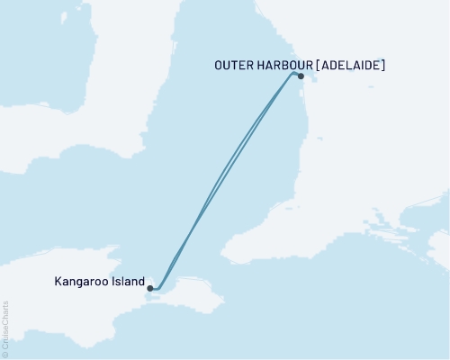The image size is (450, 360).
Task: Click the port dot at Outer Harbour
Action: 301,76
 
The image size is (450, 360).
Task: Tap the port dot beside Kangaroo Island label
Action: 150,289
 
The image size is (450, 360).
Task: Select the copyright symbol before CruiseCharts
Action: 5,354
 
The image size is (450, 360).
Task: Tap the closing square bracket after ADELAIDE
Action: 384,65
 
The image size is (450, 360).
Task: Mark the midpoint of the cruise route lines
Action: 226,180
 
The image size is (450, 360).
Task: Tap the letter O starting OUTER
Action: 219,65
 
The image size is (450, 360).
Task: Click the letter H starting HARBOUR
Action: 261,65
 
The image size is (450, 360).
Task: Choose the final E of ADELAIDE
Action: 378,65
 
